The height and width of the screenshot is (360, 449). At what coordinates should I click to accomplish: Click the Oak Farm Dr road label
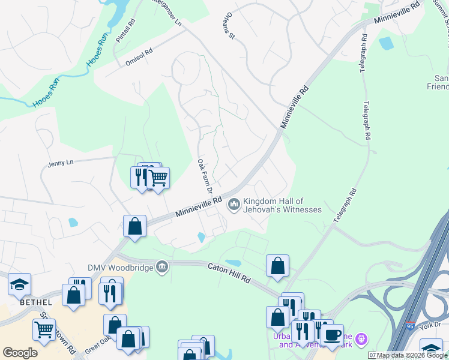205,176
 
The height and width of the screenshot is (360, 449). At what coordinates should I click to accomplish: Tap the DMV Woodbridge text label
120,266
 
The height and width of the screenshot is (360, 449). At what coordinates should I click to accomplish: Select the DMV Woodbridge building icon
161,266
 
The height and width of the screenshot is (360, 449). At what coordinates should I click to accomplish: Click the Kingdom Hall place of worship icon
234,205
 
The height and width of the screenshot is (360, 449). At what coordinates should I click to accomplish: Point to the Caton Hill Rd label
231,271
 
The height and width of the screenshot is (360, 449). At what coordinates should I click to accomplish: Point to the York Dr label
431,325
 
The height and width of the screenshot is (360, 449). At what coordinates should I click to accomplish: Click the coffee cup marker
331,335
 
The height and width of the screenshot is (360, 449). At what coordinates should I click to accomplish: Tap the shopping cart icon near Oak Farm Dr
158,178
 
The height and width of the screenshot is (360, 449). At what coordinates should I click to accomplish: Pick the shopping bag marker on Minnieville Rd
135,226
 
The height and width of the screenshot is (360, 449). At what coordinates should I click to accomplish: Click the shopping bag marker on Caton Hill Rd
277,266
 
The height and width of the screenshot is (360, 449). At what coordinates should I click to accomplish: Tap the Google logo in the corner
20,353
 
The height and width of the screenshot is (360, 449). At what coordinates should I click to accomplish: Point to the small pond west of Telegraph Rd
385,43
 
